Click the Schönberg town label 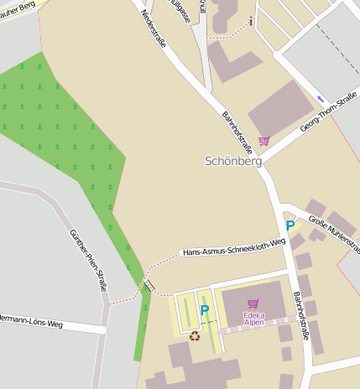tap(233, 160)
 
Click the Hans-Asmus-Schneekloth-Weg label tap(233, 246)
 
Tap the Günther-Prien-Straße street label tap(88, 259)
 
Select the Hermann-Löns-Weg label tap(32, 322)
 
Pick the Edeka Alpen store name tap(253, 319)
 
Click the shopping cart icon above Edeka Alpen tap(253, 303)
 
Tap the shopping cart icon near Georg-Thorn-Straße tap(264, 140)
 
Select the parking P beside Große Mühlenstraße tap(290, 225)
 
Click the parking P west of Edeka tap(204, 311)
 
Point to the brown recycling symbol tap(195, 335)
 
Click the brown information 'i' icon tap(251, 20)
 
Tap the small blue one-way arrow tap(321, 99)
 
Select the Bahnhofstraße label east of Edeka tap(303, 315)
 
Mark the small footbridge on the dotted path tap(149, 286)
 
